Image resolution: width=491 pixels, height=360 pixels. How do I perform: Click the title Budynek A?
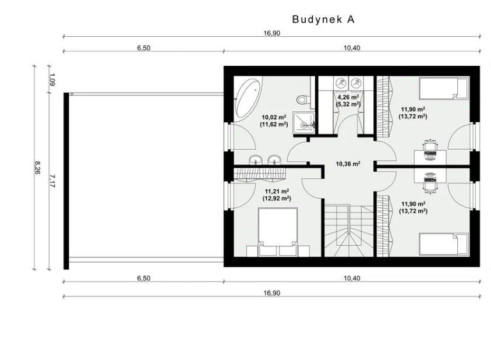pos(323,19)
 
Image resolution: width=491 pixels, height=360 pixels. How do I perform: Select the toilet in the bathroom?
pos(302,99)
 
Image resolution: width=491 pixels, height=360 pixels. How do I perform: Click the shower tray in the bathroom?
pos(303,123)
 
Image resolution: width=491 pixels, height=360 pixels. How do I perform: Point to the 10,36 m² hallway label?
pos(348,164)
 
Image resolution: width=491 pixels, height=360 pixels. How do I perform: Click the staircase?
pos(349,231)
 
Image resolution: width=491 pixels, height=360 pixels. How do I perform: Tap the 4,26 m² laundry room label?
pos(348,97)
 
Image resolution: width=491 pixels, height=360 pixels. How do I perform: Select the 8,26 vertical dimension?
pos(37,168)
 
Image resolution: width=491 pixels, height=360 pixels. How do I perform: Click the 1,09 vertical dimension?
pos(52,79)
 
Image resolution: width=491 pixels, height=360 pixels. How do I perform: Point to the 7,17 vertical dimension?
pos(52,181)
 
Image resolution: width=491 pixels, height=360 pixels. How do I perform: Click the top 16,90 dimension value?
pos(271,33)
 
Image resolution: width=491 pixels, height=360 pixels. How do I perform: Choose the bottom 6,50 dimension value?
pos(143,278)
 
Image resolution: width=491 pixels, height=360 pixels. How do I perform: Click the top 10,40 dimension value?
pos(352,48)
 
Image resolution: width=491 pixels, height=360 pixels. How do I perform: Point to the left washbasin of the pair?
pos(256,159)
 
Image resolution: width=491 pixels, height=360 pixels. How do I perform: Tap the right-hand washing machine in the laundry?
pos(355,83)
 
